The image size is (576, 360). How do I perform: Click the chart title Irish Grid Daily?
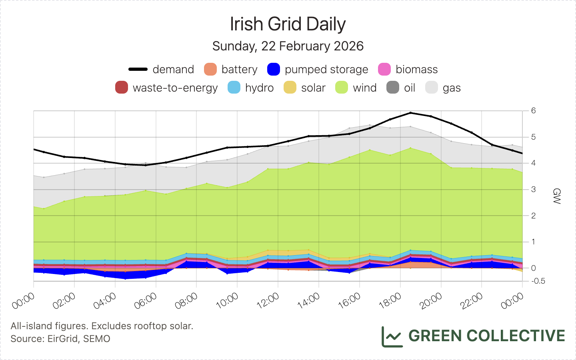(x=288, y=24)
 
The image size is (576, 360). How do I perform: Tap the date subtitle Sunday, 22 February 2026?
(x=288, y=46)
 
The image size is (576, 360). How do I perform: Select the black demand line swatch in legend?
(x=138, y=69)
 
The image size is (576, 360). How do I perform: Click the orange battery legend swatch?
(x=210, y=69)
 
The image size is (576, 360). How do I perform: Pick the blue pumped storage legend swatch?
(x=274, y=69)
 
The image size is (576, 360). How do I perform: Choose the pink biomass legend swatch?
(x=384, y=69)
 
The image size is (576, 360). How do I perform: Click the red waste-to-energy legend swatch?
(x=122, y=88)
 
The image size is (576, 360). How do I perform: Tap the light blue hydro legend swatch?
(x=234, y=88)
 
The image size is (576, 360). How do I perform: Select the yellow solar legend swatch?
(x=290, y=88)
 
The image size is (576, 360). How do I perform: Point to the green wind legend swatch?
(x=342, y=88)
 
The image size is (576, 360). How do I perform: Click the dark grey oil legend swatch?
(x=393, y=88)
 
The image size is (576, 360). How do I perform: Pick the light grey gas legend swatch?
(x=432, y=88)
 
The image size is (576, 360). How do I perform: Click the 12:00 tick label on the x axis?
(x=268, y=300)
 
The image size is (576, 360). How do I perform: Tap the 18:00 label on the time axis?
(x=390, y=300)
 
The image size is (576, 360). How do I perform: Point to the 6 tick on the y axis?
(x=534, y=110)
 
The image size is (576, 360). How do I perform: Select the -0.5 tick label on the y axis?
(x=538, y=281)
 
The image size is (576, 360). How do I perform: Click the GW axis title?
(x=556, y=196)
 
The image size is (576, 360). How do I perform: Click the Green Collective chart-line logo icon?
(x=392, y=336)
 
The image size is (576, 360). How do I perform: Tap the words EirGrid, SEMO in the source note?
(x=79, y=339)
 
